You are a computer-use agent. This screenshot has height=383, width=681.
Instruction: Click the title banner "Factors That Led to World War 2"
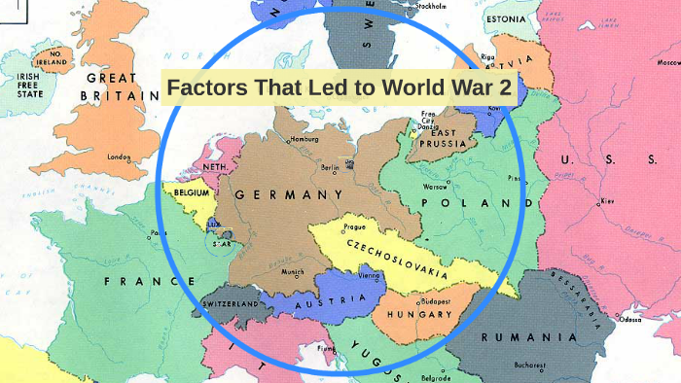(339, 89)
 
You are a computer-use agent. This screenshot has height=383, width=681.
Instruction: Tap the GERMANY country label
(289, 195)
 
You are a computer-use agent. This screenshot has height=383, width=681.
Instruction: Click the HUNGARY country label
(419, 315)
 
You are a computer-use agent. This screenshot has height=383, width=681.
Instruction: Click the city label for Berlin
(329, 167)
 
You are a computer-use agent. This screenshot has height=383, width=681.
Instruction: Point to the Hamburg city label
(304, 139)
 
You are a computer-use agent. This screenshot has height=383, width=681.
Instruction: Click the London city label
(119, 157)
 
